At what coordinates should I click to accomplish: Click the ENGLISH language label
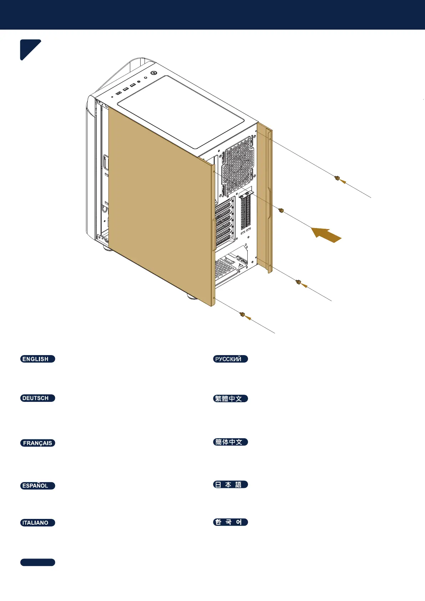[37, 359]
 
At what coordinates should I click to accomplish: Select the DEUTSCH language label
[37, 398]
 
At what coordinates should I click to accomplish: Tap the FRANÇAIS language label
[37, 443]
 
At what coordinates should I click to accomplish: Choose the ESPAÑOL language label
[37, 486]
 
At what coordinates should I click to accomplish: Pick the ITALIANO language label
[37, 523]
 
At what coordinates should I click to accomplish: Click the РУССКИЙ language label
[230, 359]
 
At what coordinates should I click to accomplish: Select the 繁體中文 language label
[230, 399]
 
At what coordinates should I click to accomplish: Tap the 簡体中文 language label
[230, 442]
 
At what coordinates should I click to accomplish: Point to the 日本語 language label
[230, 485]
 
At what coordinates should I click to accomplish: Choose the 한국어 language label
[230, 522]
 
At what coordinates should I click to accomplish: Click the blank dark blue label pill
[37, 562]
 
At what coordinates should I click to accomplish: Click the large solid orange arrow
[327, 234]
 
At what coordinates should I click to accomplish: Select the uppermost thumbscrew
[337, 178]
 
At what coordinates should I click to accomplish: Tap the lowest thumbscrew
[242, 314]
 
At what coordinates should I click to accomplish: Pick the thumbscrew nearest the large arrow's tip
[281, 210]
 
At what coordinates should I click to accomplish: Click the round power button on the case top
[154, 73]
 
